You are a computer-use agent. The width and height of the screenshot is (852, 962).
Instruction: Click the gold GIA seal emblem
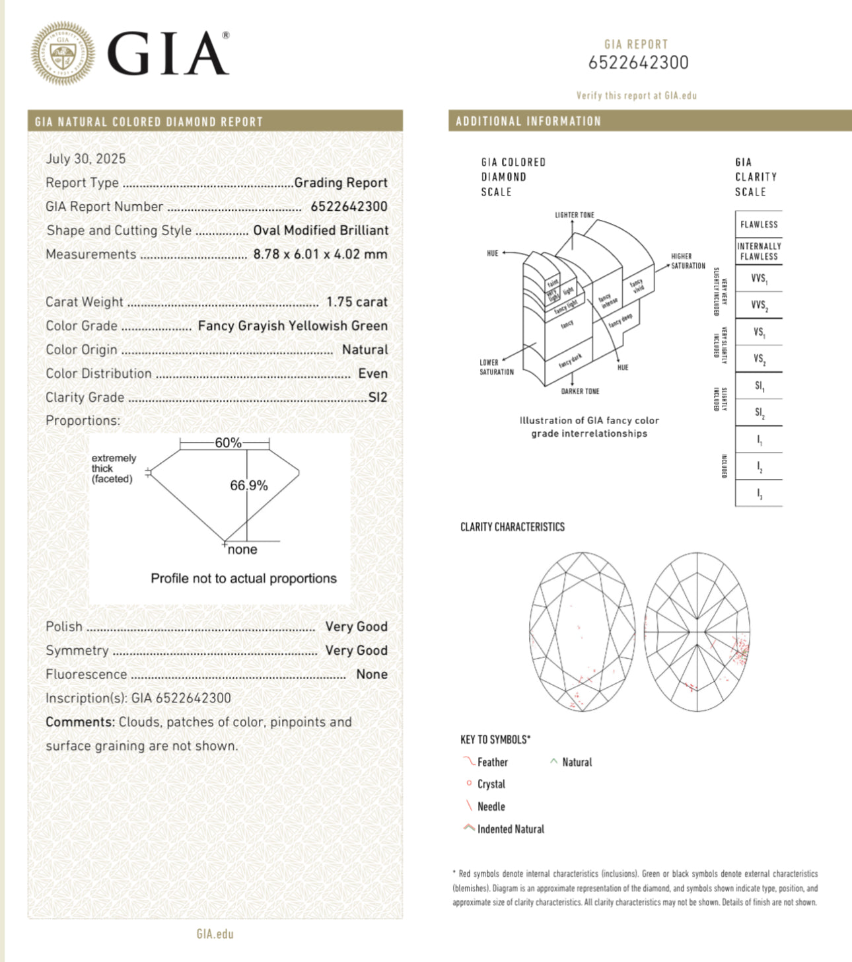tap(63, 54)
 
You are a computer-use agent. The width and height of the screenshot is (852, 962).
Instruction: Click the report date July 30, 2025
tap(85, 159)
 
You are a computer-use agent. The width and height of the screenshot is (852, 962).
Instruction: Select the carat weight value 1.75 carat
tap(357, 302)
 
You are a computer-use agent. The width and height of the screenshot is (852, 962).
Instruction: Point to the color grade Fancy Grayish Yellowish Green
tap(293, 326)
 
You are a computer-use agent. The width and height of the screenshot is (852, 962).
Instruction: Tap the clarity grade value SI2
tap(378, 397)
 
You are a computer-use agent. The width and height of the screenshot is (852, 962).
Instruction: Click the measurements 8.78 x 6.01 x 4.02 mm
tap(320, 254)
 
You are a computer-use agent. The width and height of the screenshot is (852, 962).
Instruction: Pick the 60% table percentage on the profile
tap(228, 443)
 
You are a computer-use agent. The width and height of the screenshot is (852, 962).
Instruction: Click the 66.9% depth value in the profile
tap(248, 486)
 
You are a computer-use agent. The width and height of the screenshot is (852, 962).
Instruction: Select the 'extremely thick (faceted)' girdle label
tap(114, 468)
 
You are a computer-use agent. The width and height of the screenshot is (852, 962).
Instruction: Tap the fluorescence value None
tap(372, 675)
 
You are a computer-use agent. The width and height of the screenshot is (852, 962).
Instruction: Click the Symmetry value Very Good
tap(356, 651)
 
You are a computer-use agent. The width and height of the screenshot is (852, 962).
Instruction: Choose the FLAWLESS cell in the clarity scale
tap(759, 225)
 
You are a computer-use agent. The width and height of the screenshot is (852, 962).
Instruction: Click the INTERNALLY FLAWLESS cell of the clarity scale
tap(759, 251)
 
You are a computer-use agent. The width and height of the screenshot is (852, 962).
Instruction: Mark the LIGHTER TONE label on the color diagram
tap(574, 215)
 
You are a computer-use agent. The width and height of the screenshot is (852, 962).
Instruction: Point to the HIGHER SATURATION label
tap(688, 261)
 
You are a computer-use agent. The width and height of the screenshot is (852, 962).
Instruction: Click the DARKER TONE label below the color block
tap(580, 391)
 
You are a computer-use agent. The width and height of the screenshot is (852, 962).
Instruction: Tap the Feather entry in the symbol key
tap(492, 762)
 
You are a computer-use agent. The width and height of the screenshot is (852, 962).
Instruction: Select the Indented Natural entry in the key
tap(511, 829)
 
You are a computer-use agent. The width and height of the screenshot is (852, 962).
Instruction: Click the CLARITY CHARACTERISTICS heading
tap(513, 527)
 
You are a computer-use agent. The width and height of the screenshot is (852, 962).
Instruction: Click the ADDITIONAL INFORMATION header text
tap(528, 122)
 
